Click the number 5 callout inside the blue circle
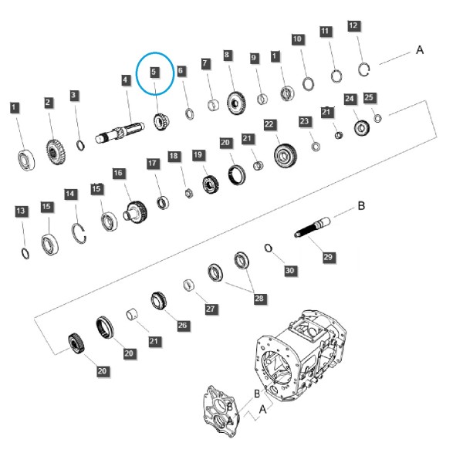pyautogui.click(x=154, y=72)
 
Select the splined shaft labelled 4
pyautogui.click(x=120, y=132)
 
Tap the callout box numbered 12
pyautogui.click(x=353, y=26)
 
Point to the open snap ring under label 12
pyautogui.click(x=364, y=69)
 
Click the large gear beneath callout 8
pyautogui.click(x=237, y=103)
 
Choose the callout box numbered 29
pyautogui.click(x=328, y=257)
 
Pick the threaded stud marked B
pyautogui.click(x=313, y=227)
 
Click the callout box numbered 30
pyautogui.click(x=289, y=271)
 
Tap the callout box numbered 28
pyautogui.click(x=259, y=298)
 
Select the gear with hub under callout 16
pyautogui.click(x=135, y=211)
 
